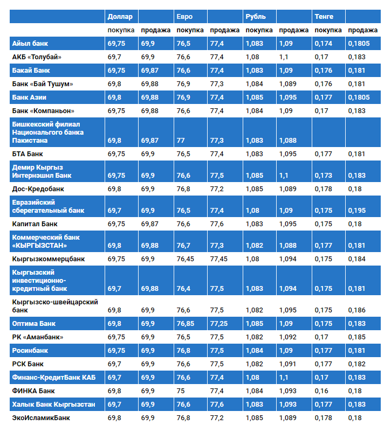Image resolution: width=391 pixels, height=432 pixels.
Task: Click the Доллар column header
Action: coord(120,16)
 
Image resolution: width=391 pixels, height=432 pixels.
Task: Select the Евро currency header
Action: coord(184,16)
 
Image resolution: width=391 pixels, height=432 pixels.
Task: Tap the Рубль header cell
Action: coord(256,16)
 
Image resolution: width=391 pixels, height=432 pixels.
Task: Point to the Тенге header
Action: coord(324,16)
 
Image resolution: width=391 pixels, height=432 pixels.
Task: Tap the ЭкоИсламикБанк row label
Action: coord(40,417)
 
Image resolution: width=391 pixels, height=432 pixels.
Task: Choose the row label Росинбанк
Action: coord(30,350)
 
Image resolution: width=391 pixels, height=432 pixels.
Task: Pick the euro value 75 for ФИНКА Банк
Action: coord(181,391)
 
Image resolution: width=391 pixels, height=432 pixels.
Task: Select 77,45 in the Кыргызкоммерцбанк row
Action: coord(218,259)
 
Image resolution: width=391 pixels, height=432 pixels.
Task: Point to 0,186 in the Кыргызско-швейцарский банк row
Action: coord(357,310)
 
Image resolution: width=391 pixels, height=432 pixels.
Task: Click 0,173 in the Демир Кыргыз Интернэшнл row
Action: coord(324,176)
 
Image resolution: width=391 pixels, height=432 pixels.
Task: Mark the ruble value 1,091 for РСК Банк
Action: coord(288,364)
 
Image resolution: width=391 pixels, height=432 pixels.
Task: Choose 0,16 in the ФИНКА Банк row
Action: coord(321,391)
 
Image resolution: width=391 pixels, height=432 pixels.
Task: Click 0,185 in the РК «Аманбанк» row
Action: coord(357,337)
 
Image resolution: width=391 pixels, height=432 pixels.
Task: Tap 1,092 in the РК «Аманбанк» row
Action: coord(288,337)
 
